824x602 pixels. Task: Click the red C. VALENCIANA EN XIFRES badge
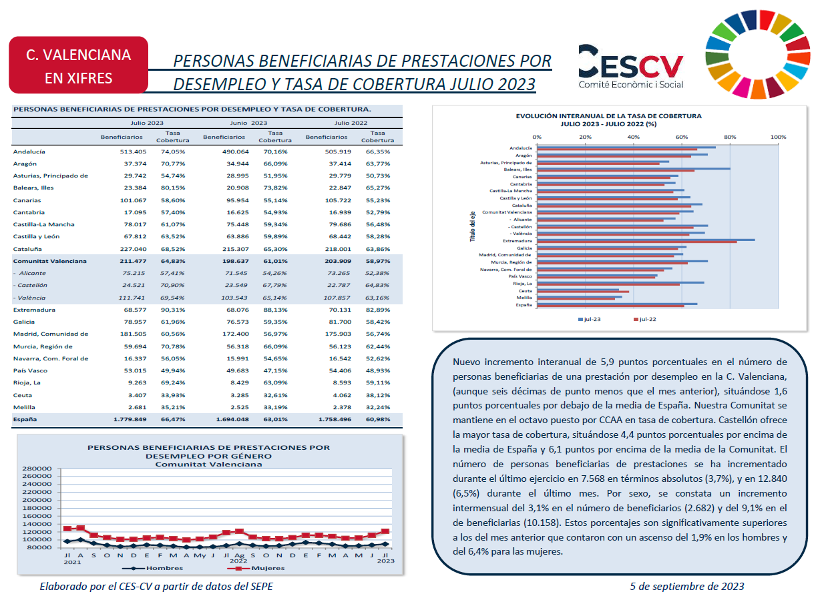click(78, 65)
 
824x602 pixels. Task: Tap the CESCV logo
click(630, 67)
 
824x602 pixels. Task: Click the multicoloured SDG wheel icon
click(757, 55)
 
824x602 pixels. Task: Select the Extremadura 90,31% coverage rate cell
click(173, 310)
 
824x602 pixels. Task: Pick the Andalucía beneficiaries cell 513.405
click(133, 152)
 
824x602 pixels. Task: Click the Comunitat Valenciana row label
click(49, 261)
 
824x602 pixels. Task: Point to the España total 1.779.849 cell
click(130, 419)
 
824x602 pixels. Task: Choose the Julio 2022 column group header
click(351, 123)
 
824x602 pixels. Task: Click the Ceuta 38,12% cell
click(378, 395)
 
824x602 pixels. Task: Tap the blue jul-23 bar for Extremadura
click(646, 240)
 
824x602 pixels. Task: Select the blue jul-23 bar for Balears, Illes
click(634, 169)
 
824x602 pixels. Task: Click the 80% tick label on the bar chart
click(730, 137)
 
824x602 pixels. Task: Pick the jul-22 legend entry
click(644, 319)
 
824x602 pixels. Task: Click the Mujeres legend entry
click(256, 568)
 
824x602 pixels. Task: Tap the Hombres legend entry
click(153, 568)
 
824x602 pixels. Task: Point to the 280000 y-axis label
click(37, 469)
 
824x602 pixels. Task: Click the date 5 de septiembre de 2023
click(687, 586)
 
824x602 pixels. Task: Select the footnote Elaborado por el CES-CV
click(156, 586)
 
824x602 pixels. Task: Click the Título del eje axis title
click(473, 226)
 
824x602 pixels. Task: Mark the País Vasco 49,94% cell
click(173, 370)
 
